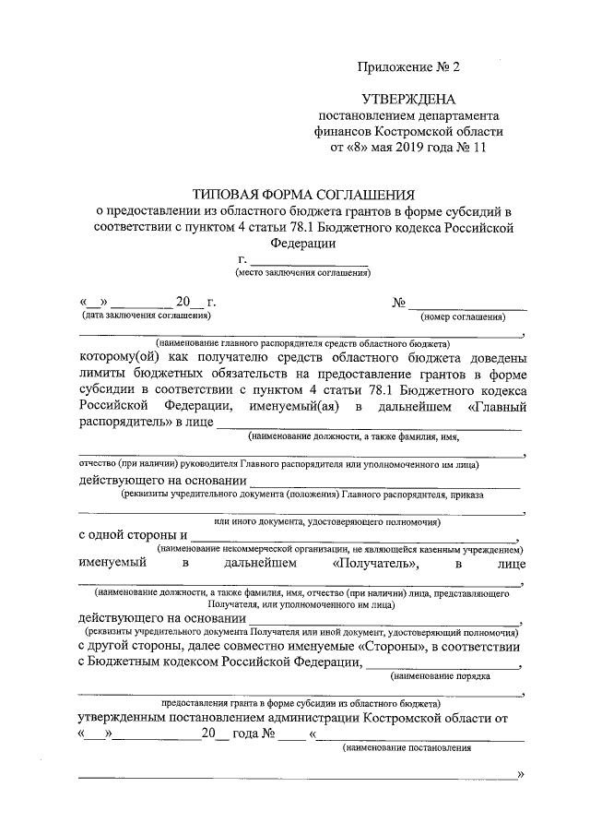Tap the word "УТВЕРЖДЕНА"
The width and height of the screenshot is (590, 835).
(x=407, y=99)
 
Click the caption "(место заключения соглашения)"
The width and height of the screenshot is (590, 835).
(x=303, y=273)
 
